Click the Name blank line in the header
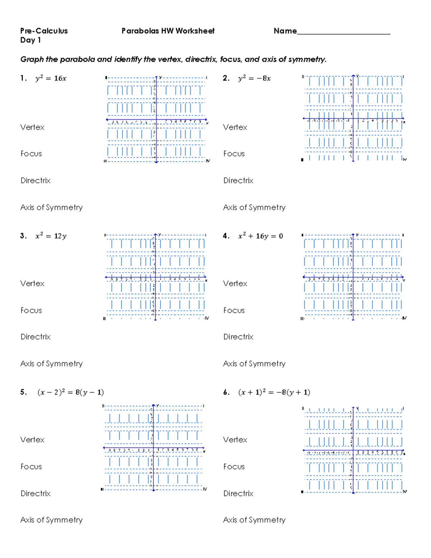[343, 33]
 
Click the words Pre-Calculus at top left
[44, 31]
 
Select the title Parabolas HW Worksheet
[168, 31]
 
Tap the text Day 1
[31, 40]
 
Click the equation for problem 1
[51, 78]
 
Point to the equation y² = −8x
[254, 78]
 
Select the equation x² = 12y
[51, 236]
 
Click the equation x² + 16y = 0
[260, 236]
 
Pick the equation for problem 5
[70, 392]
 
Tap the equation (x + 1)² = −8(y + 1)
[274, 392]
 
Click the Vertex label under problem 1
[32, 127]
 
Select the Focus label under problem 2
[234, 154]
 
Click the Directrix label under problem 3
[36, 337]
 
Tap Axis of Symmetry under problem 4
[254, 364]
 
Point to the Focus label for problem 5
[31, 466]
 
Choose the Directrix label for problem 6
[238, 493]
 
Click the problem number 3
[23, 236]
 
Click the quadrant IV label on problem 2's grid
[405, 159]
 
